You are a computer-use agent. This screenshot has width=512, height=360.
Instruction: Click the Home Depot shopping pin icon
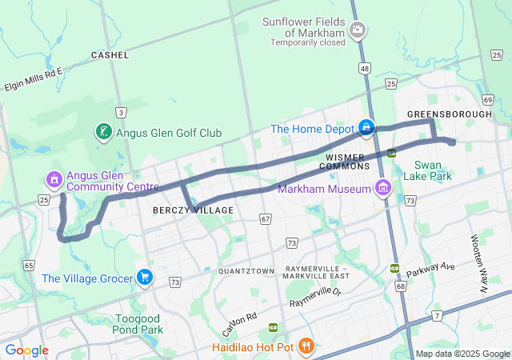[366, 128]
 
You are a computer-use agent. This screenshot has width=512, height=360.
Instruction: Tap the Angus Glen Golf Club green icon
[103, 132]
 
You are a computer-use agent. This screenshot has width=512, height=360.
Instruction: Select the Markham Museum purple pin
[383, 188]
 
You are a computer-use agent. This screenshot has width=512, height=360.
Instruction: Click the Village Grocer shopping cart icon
[144, 278]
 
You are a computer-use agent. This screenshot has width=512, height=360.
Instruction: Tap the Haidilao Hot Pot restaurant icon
[305, 346]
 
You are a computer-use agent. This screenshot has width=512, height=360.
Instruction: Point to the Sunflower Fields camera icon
[357, 30]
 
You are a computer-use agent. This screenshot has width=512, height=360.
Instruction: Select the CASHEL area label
[110, 54]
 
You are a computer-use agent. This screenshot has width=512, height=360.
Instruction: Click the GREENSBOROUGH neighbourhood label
[450, 114]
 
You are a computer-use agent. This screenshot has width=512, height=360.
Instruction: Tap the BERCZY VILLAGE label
[192, 210]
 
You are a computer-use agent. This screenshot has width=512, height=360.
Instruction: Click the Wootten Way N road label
[481, 257]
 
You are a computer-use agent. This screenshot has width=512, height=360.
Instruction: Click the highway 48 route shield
[365, 70]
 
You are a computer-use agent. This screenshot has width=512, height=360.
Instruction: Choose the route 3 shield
[121, 113]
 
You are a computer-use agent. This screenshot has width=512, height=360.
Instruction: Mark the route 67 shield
[266, 218]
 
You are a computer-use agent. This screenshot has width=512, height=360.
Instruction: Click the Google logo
[26, 350]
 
